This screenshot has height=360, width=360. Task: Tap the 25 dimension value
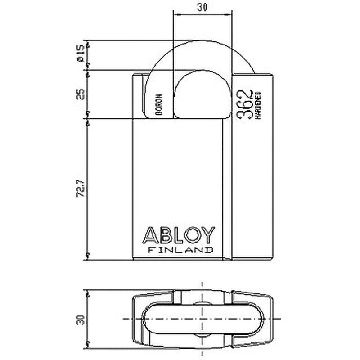(81, 94)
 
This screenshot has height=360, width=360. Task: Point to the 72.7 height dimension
(81, 189)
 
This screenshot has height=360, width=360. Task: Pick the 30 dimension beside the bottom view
(81, 319)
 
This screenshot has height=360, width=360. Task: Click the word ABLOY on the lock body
(179, 235)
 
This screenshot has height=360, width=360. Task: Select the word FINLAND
(180, 250)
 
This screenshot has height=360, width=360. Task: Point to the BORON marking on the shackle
(158, 106)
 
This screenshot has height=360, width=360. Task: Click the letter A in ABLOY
(150, 235)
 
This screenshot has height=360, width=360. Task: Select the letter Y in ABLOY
(208, 235)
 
